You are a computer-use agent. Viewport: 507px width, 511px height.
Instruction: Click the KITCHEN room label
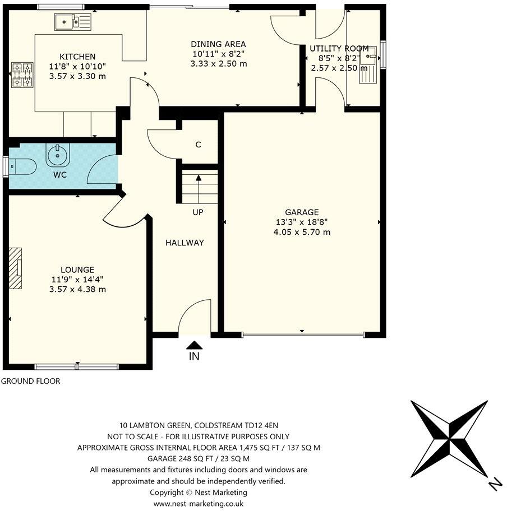pos(77,57)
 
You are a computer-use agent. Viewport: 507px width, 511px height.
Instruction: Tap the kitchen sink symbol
pos(73,22)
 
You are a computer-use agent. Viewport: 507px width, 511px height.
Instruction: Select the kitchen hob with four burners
pos(21,75)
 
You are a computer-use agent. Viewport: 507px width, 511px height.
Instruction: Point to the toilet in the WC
pos(23,166)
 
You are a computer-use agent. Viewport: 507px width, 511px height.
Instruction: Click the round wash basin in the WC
pos(57,155)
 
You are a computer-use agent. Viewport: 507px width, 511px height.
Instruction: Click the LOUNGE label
pos(77,270)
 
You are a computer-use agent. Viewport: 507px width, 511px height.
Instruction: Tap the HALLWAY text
pos(185,243)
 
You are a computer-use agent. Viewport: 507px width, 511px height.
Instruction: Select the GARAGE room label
pos(302,212)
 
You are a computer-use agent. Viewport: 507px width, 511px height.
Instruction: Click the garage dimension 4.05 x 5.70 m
pos(302,231)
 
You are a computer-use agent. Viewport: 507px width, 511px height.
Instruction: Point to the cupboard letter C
pos(198,145)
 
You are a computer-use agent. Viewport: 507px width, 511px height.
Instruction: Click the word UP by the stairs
pos(197,212)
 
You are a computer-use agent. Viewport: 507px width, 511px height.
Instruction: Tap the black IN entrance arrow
pos(194,345)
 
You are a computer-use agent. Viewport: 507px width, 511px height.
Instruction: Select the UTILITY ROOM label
pos(339,49)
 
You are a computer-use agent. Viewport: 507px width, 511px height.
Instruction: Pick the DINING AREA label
pos(218,44)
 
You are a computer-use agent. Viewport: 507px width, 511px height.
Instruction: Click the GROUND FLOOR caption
pos(30,381)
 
